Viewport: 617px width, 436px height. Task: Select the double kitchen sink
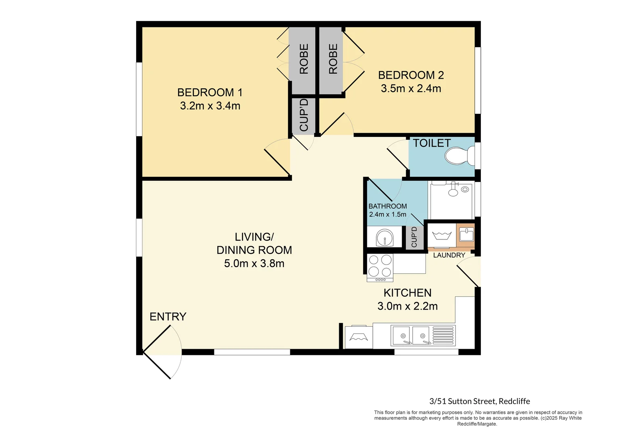click(x=412, y=335)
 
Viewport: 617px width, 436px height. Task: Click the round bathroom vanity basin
click(x=384, y=238)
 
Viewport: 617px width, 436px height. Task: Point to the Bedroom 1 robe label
click(x=304, y=59)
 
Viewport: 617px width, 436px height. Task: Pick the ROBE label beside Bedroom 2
click(x=333, y=59)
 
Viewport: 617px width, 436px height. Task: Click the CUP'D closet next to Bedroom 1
click(x=304, y=115)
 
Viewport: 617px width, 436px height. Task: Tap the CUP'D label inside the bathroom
click(x=414, y=237)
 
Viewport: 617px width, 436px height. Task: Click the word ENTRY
click(x=168, y=317)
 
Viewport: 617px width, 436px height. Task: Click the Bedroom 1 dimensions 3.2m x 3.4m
click(x=210, y=106)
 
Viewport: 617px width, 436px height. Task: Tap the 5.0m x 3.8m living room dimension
click(x=254, y=264)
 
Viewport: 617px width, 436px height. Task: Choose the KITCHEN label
click(x=407, y=293)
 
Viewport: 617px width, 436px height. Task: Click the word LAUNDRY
click(x=449, y=255)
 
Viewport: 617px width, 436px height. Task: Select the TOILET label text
click(x=431, y=143)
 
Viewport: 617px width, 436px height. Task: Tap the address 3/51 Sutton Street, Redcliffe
click(x=479, y=401)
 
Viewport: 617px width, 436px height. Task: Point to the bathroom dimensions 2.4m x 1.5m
click(x=387, y=214)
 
